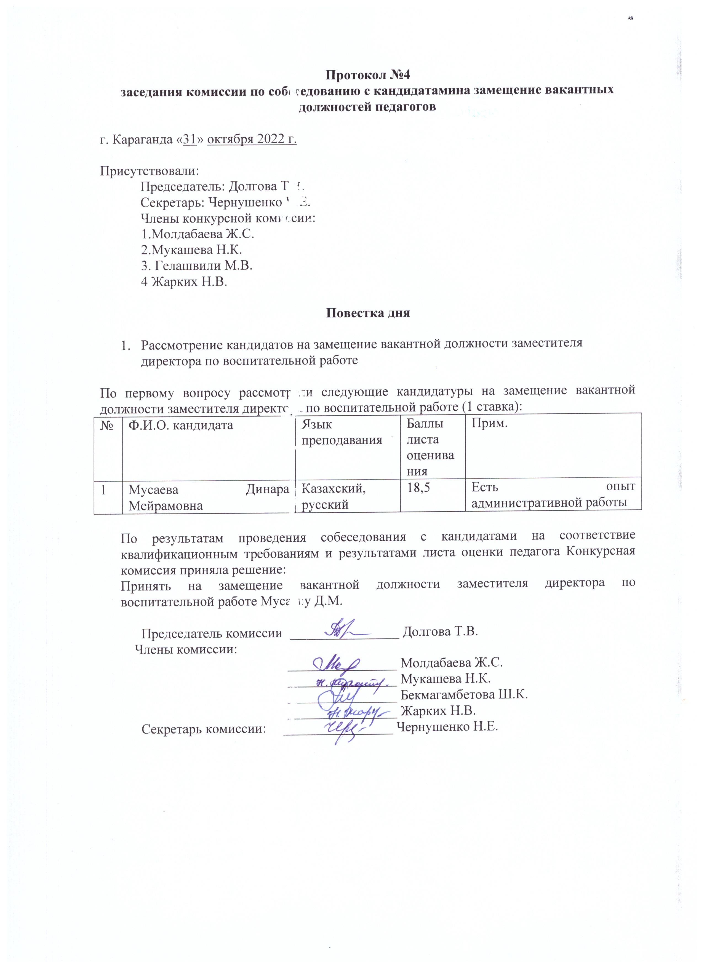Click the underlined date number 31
pos(190,140)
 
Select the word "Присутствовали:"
pos(150,171)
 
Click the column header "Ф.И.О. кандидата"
pos(181,425)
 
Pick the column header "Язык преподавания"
pos(342,432)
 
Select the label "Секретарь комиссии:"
pos(203,729)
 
